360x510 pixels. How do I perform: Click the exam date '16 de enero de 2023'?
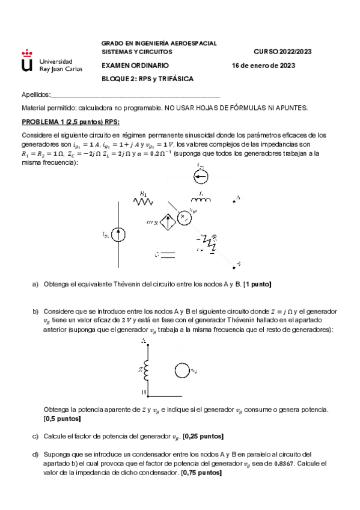[263, 66]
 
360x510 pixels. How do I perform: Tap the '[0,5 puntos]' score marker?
[63, 418]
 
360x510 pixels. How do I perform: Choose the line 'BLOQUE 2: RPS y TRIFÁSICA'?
[147, 79]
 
